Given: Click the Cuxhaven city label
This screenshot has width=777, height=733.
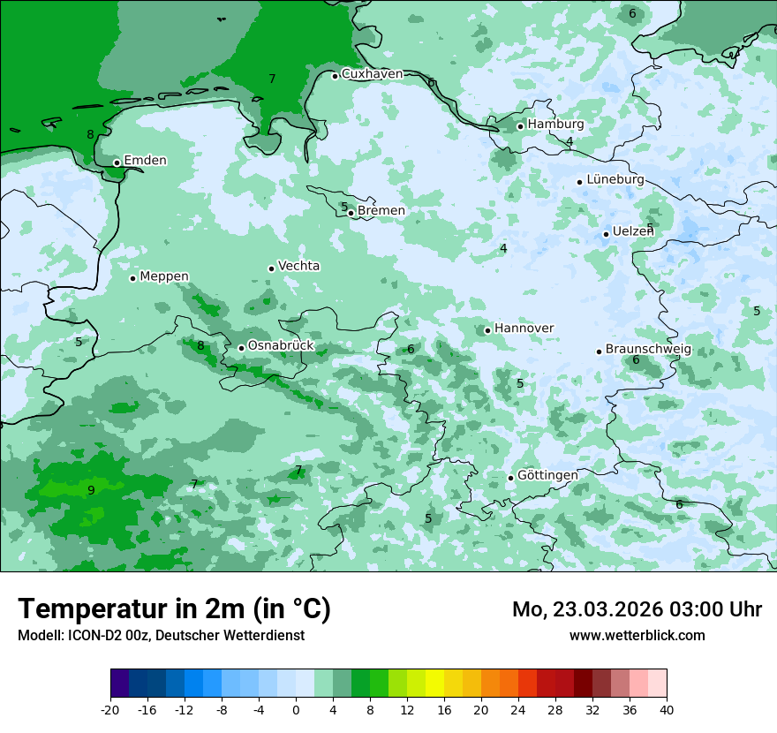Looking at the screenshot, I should coord(372,74).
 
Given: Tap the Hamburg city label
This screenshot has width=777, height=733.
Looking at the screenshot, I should coord(555,125).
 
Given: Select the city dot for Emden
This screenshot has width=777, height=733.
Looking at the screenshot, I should coord(117,162).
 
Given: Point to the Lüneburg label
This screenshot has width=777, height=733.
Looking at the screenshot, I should coord(615,180).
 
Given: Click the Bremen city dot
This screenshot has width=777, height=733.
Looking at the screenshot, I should coord(351,213).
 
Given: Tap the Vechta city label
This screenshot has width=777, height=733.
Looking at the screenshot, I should coord(298,266).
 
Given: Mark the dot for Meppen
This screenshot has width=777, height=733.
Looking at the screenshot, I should coord(132,278).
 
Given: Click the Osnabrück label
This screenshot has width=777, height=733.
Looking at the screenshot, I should coord(281,346).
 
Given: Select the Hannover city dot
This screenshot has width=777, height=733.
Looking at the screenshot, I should coord(487,330).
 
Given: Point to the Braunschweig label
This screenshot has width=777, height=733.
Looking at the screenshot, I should coord(648,350).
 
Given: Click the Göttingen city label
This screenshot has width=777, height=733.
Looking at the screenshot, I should coord(547,475).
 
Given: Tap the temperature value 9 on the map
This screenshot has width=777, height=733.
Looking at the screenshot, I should coord(91,490).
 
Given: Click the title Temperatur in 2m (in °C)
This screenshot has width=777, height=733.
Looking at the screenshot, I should coord(174,609).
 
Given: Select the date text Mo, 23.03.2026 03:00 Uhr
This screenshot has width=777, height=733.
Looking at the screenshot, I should coord(637,609).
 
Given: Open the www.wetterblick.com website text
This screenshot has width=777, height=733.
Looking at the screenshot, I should coord(637,636).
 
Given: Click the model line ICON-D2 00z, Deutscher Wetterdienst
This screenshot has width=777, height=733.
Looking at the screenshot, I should coord(161,636).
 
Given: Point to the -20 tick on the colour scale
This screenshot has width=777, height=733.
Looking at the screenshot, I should coord(110,709).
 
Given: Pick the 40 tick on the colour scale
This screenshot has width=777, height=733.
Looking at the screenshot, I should coord(667,709).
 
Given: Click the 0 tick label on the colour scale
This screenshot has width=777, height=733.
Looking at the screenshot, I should coord(296,709).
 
